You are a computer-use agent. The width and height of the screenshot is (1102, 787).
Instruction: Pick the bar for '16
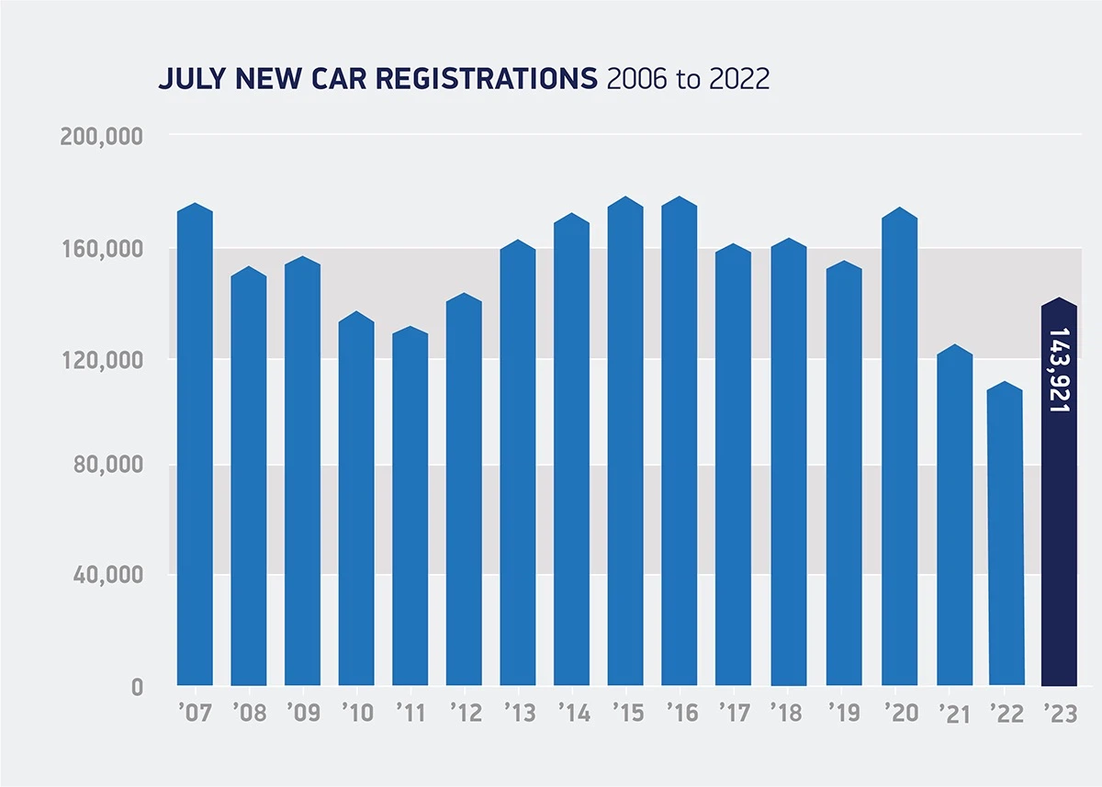680,441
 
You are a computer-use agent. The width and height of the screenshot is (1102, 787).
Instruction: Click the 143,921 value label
1060,369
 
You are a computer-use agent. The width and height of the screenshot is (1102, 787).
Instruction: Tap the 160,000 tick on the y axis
101,249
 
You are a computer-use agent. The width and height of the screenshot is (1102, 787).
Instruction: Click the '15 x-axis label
625,714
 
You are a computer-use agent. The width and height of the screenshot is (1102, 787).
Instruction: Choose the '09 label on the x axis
302,714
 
